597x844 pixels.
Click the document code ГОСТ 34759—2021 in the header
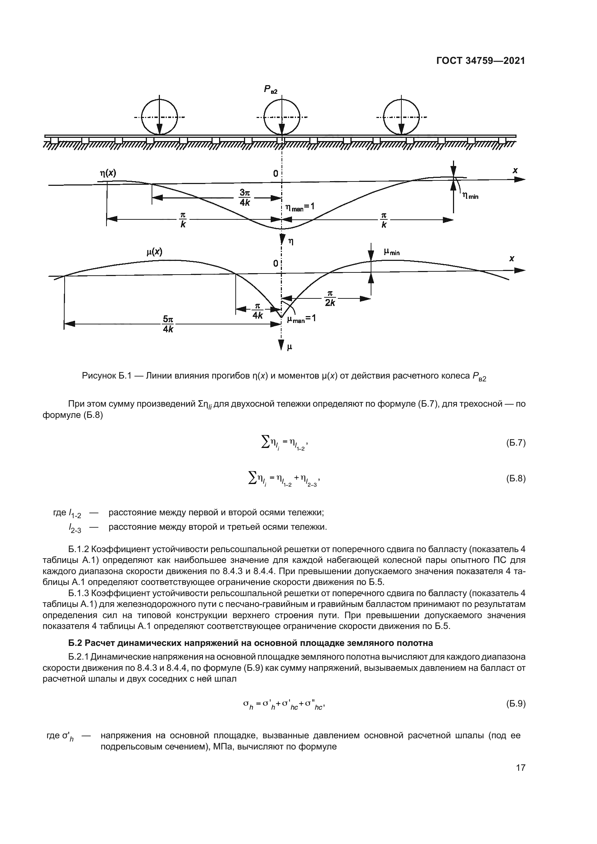tap(480, 61)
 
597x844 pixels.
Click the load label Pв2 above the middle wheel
tap(271, 89)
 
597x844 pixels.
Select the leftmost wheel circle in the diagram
tap(160, 117)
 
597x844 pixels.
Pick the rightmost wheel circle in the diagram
tap(401, 117)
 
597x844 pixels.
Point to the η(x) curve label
tap(108, 173)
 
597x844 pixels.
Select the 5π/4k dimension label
tap(168, 324)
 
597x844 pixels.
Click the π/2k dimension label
tap(330, 298)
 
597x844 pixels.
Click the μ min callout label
tap(392, 252)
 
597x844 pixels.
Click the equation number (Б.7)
tap(516, 443)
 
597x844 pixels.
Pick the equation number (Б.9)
tap(516, 704)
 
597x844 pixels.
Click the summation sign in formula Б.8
tap(253, 478)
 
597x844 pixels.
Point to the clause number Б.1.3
tap(79, 593)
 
